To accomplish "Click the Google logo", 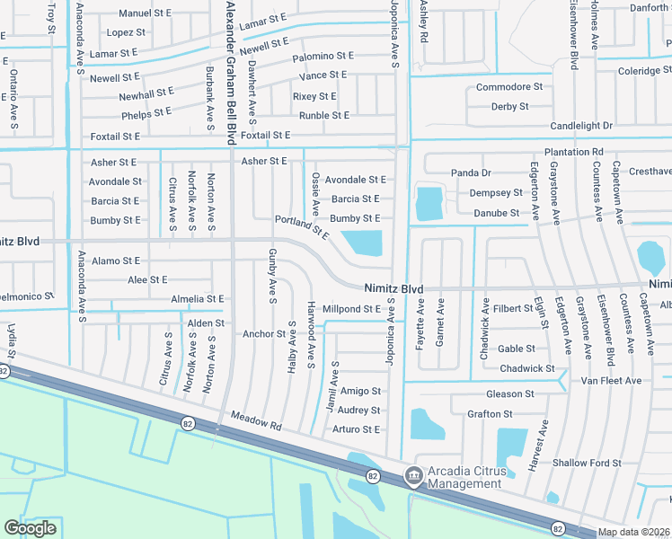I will click(30, 528).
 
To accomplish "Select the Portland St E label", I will click(302, 226).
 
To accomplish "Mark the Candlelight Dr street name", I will click(581, 126).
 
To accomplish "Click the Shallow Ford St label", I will click(588, 464).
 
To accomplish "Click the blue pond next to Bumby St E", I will click(363, 243).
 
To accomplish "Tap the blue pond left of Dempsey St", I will click(429, 203).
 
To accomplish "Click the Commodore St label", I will click(508, 87).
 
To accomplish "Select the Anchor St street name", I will click(263, 334).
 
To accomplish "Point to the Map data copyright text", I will click(635, 532).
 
